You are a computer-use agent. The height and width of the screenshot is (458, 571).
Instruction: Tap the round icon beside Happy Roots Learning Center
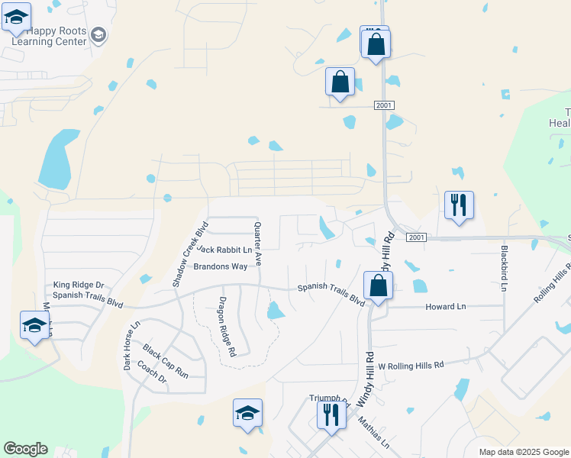pos(98,35)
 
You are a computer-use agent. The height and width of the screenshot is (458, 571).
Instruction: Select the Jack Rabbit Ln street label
pos(224,250)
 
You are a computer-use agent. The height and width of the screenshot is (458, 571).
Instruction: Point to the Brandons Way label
pos(221,266)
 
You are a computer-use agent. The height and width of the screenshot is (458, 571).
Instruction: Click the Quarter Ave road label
pos(258,244)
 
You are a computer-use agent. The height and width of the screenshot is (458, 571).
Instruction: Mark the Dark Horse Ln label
pos(132,345)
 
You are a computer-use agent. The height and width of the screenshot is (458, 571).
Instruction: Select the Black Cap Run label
pos(165,361)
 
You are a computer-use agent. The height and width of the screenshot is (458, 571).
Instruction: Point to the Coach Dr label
pos(153,370)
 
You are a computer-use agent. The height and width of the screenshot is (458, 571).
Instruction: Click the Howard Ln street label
pos(445,306)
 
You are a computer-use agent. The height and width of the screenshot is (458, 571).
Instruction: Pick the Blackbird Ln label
pos(504,268)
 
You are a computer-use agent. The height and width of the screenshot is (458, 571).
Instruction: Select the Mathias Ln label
pos(374,432)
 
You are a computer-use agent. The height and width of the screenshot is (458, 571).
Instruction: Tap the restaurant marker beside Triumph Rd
pos(331,416)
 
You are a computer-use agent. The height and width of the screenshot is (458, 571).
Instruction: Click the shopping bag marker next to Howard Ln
pos(378,287)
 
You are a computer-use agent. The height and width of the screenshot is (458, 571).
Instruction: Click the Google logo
pos(25,449)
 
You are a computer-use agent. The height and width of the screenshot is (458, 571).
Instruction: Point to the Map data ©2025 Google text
pos(523,452)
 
